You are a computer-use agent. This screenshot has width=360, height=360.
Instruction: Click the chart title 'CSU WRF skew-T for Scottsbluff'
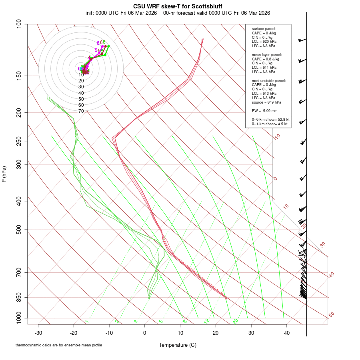point(178,6)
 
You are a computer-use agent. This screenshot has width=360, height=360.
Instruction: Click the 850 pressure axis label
point(19,297)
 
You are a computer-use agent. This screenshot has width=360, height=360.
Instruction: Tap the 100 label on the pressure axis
point(19,24)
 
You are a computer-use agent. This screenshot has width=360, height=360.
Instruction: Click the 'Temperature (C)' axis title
point(178,345)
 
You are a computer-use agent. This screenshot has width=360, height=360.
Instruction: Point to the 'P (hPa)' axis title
point(4,174)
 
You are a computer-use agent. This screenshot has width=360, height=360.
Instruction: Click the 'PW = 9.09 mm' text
point(264,111)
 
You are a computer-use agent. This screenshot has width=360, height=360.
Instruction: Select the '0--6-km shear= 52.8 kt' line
point(270,120)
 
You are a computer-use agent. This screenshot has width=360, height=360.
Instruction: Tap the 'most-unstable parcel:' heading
point(269,81)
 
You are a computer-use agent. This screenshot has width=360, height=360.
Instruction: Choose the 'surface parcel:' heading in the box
point(264,29)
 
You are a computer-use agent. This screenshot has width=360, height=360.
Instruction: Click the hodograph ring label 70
point(81,111)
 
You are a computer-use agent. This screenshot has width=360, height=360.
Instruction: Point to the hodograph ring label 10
point(81,75)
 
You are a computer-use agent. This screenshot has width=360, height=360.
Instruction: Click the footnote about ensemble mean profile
point(59,345)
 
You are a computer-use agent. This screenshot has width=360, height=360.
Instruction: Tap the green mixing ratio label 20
point(235,321)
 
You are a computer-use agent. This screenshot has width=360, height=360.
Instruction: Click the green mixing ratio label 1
point(87,322)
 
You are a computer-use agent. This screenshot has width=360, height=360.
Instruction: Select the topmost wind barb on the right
point(302,40)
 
